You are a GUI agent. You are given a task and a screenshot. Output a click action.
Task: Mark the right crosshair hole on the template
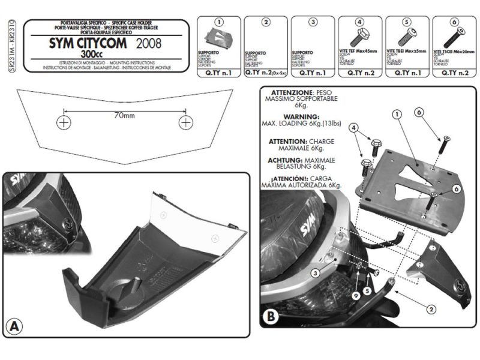pyautogui.click(x=186, y=122)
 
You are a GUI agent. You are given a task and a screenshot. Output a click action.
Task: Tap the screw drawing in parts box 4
pyautogui.click(x=359, y=37)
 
